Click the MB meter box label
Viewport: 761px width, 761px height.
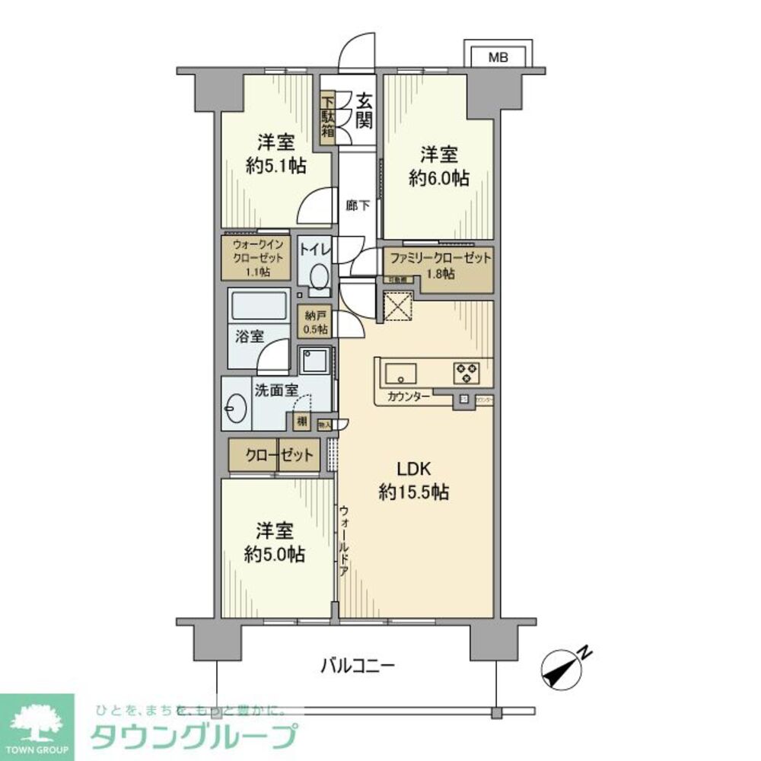click(498, 56)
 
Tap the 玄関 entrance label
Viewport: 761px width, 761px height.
click(363, 110)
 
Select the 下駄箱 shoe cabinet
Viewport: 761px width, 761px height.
click(327, 117)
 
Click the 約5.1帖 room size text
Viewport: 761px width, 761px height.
click(275, 166)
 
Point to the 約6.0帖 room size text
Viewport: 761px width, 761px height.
click(439, 178)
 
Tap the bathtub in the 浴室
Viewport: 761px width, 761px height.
click(259, 309)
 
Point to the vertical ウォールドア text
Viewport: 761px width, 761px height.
click(344, 542)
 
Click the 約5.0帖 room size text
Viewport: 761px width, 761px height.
click(275, 554)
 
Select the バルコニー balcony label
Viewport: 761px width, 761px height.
click(356, 666)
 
